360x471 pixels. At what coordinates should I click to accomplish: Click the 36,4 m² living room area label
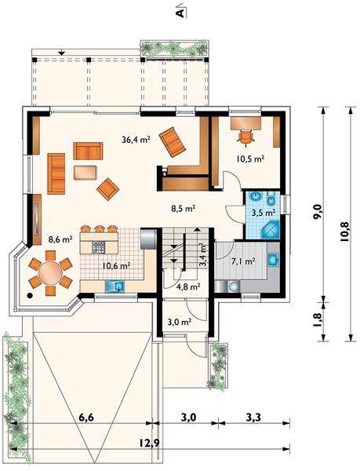(136, 140)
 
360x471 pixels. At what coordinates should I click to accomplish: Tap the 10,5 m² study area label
(250, 159)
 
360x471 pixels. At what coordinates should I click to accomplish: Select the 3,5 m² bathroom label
(263, 213)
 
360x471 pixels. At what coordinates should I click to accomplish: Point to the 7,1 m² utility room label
(243, 261)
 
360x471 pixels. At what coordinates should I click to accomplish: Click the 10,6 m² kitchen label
(116, 265)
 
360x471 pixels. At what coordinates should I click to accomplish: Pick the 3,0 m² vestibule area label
(180, 323)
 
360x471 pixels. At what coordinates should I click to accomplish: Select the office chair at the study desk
(246, 137)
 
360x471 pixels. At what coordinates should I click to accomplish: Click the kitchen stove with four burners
(98, 247)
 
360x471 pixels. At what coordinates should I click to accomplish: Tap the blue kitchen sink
(115, 286)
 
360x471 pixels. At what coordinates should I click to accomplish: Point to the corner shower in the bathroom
(271, 230)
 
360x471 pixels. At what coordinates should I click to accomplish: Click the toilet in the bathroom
(272, 199)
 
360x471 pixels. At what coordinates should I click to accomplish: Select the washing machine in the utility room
(233, 287)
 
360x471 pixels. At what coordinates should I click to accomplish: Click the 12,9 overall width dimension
(149, 443)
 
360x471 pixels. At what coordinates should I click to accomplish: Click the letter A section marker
(180, 13)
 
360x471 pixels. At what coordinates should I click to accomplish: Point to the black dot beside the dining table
(30, 295)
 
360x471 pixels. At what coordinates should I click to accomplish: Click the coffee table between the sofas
(85, 173)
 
